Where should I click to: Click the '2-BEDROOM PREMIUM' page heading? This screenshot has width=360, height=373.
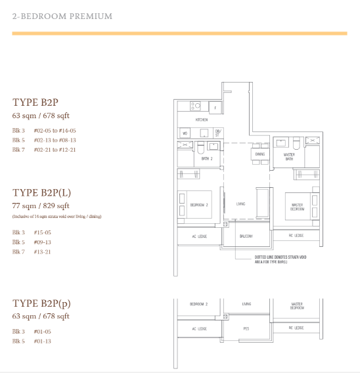tap(62, 16)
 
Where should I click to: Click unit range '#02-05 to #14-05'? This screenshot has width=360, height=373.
tap(55, 131)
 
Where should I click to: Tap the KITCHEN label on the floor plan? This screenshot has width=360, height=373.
tap(202, 120)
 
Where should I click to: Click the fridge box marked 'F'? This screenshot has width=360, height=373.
tap(215, 106)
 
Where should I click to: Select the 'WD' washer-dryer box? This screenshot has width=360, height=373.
tap(185, 133)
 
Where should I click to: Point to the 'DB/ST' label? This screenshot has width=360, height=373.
tap(218, 133)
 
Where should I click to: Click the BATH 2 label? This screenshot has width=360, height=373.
tap(207, 159)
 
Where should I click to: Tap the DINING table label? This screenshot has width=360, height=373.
tap(259, 154)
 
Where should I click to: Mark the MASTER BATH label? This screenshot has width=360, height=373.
tap(288, 157)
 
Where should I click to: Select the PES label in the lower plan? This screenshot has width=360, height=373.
tap(246, 328)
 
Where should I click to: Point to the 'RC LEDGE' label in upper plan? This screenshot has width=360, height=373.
tap(296, 235)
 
